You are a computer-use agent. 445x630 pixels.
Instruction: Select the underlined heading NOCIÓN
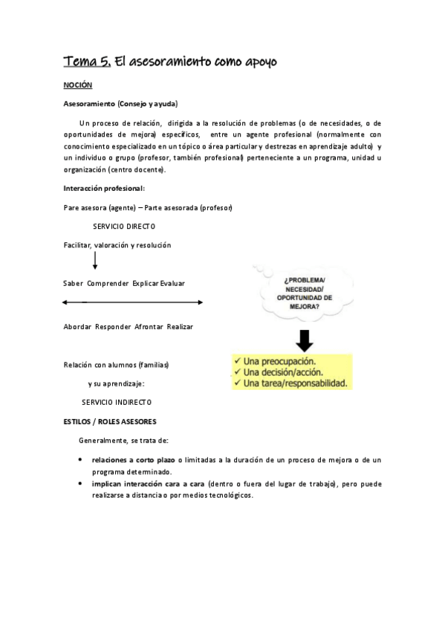[77, 86]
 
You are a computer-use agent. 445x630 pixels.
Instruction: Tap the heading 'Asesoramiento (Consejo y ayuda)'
[120, 103]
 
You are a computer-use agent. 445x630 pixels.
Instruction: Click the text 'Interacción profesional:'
[104, 189]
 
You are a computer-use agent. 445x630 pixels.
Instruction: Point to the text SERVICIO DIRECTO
[124, 226]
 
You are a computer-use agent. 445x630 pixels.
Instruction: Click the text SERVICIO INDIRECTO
[117, 402]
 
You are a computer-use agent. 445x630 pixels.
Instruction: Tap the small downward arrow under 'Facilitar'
[95, 261]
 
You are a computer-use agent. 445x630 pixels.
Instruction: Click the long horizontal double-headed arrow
[133, 302]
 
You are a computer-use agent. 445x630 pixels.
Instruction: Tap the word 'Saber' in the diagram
[74, 283]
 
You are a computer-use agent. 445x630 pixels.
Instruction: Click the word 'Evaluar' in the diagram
[172, 283]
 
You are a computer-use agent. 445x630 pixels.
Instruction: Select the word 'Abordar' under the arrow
[77, 327]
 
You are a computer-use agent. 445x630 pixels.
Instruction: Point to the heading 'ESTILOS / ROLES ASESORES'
[110, 421]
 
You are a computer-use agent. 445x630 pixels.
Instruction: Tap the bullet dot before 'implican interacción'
[80, 484]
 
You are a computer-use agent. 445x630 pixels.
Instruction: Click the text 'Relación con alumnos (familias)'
[117, 365]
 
